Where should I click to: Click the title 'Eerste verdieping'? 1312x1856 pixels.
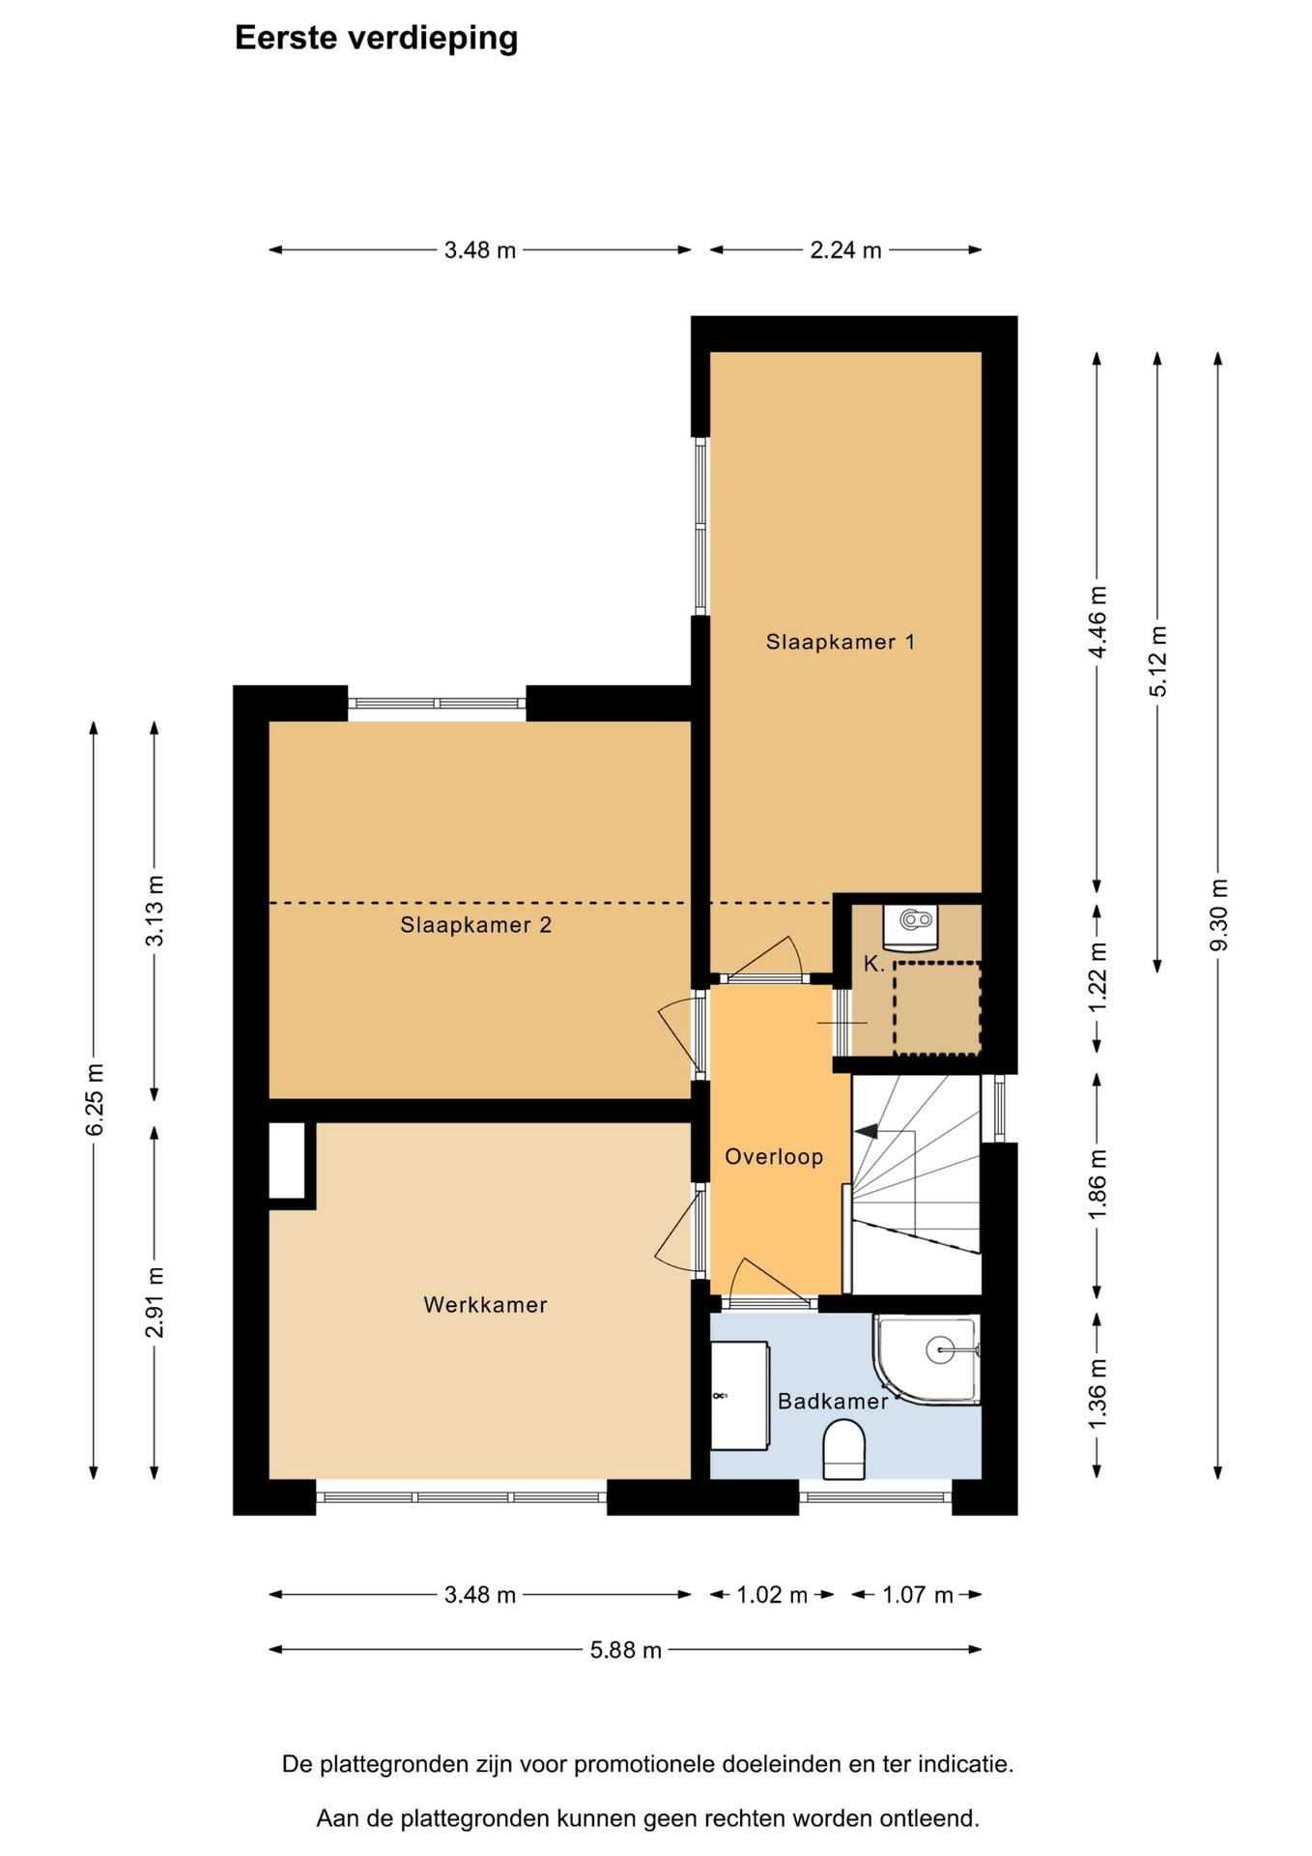pyautogui.click(x=376, y=39)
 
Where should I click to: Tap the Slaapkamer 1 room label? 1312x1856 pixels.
pyautogui.click(x=841, y=642)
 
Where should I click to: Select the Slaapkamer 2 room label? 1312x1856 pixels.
pyautogui.click(x=476, y=925)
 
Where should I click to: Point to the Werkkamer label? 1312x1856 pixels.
pyautogui.click(x=485, y=1305)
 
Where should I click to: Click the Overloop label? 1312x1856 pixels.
pyautogui.click(x=774, y=1156)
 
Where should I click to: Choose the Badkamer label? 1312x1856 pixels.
pyautogui.click(x=833, y=1401)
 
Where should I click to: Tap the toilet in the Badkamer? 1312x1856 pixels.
pyautogui.click(x=843, y=1449)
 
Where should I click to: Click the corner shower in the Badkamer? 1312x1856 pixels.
pyautogui.click(x=927, y=1358)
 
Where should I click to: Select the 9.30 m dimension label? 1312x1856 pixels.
pyautogui.click(x=1218, y=913)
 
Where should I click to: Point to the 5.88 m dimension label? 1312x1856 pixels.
pyautogui.click(x=626, y=1650)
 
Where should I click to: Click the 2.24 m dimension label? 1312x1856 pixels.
pyautogui.click(x=845, y=250)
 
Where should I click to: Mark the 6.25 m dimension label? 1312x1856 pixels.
pyautogui.click(x=94, y=1100)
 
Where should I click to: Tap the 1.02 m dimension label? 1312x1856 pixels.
pyautogui.click(x=772, y=1595)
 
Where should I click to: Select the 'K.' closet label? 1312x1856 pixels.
pyautogui.click(x=874, y=964)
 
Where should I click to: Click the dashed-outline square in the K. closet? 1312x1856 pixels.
pyautogui.click(x=937, y=1007)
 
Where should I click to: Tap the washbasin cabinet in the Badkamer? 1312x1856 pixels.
pyautogui.click(x=740, y=1396)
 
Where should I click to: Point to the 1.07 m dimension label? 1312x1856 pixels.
pyautogui.click(x=917, y=1595)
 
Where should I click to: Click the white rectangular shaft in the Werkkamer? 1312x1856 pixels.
pyautogui.click(x=287, y=1161)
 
